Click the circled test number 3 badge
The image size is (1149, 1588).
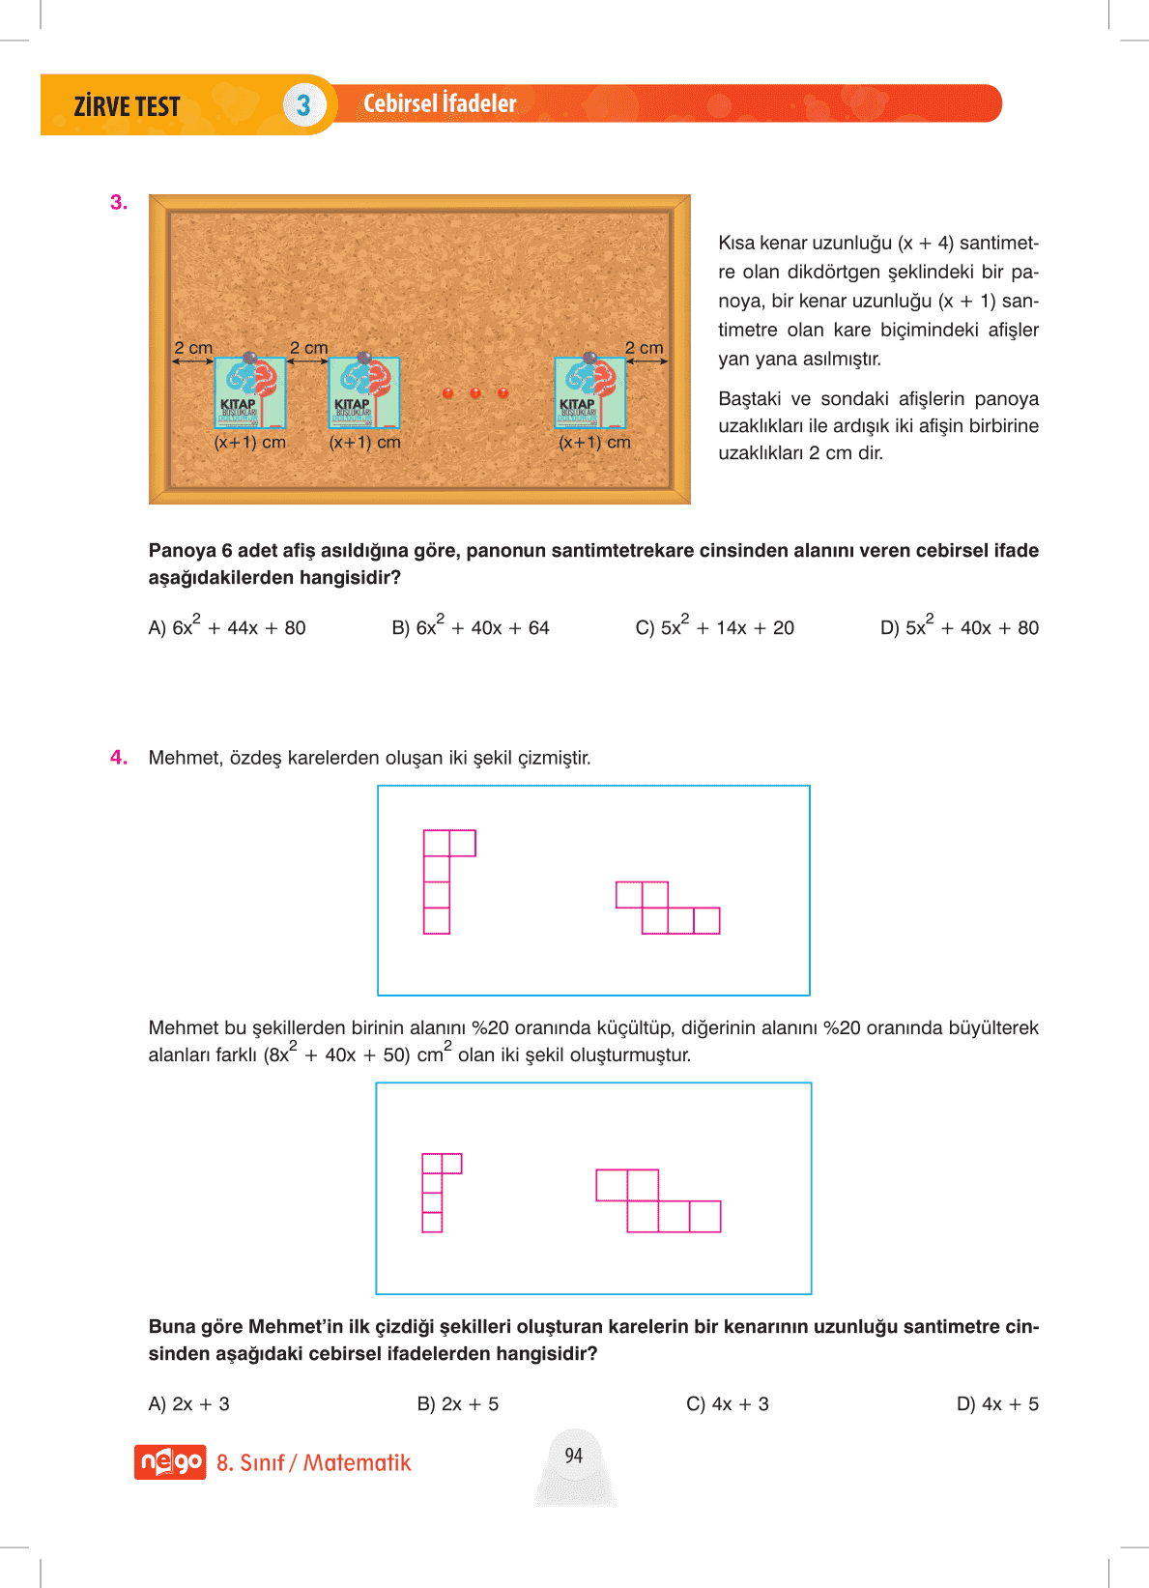(x=303, y=105)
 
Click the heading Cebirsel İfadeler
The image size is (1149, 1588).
(x=440, y=103)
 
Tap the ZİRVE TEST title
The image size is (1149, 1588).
(x=127, y=106)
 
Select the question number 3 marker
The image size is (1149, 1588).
(x=118, y=202)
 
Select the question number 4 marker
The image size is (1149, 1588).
(x=118, y=758)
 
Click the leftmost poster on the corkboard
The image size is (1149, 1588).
(x=249, y=392)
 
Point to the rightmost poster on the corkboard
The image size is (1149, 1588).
(x=589, y=392)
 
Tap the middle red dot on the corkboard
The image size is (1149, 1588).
(x=475, y=392)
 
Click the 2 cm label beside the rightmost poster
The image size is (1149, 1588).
(x=644, y=348)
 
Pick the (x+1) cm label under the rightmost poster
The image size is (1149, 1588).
(x=594, y=443)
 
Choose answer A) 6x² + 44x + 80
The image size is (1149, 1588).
(x=227, y=627)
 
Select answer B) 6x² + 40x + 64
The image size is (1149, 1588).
(x=471, y=627)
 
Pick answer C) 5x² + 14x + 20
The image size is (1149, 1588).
(x=714, y=627)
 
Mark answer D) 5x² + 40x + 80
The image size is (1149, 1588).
(x=959, y=627)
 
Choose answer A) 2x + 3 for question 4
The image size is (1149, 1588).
(x=188, y=1404)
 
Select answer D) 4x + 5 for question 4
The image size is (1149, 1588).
(x=997, y=1404)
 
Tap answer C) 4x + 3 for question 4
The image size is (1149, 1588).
(x=727, y=1404)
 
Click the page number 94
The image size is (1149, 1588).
(x=574, y=1456)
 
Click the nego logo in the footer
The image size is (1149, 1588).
(x=170, y=1462)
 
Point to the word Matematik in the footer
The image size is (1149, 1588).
(x=357, y=1463)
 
